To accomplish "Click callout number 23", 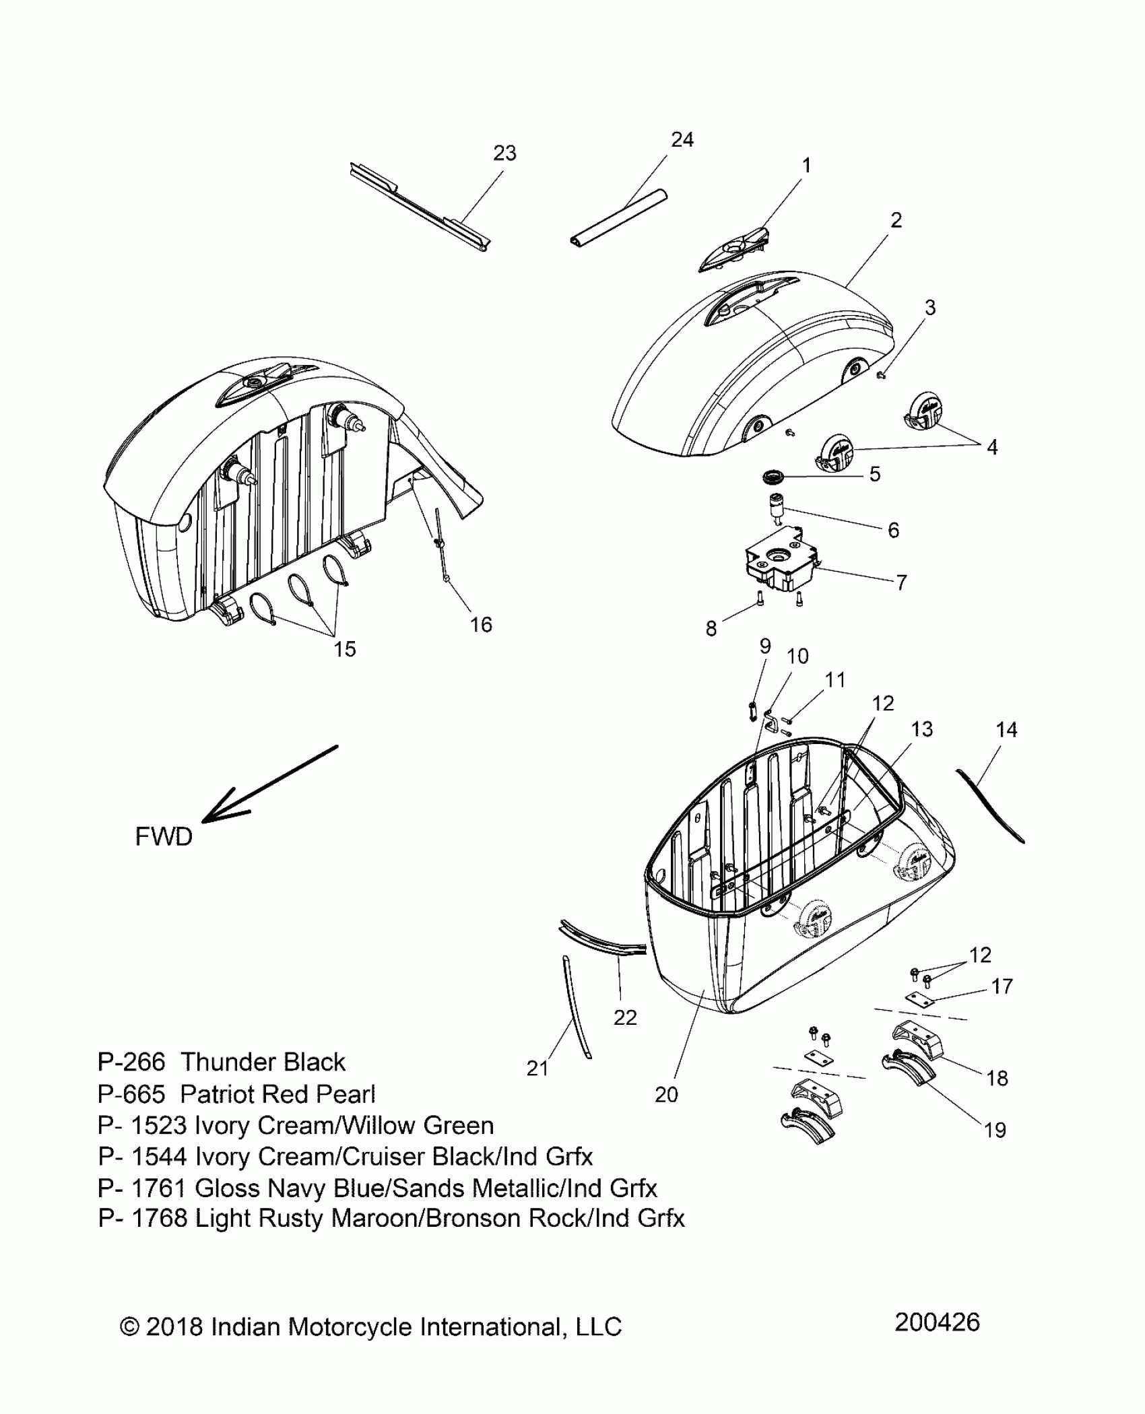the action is click(504, 154).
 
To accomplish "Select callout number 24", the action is click(682, 139).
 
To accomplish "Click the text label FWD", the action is click(164, 837).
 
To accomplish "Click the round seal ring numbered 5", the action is click(773, 477).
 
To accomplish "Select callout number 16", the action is click(481, 625).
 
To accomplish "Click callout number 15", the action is click(344, 649).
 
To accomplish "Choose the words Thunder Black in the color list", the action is click(263, 1063).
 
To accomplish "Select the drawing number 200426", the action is click(937, 1322).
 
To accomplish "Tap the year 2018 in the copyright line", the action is click(174, 1327).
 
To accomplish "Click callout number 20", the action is click(665, 1095).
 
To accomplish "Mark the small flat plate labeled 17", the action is click(920, 1001).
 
